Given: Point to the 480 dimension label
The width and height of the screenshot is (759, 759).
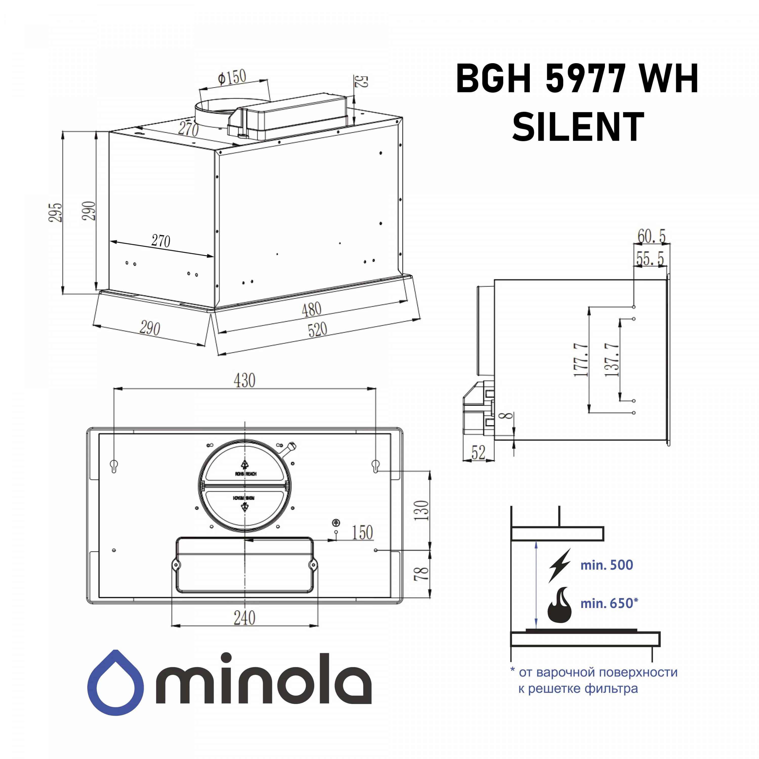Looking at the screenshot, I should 311,310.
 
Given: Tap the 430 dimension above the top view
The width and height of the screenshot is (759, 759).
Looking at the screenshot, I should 244,380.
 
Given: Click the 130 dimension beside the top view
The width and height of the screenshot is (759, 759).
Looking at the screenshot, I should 421,510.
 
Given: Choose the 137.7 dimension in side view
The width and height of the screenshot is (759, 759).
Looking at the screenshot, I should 612,360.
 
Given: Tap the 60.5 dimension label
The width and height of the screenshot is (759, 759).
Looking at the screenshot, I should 651,237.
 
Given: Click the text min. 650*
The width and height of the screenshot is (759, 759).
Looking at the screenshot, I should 609,603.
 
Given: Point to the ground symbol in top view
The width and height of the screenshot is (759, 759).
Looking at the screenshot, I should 336,523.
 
